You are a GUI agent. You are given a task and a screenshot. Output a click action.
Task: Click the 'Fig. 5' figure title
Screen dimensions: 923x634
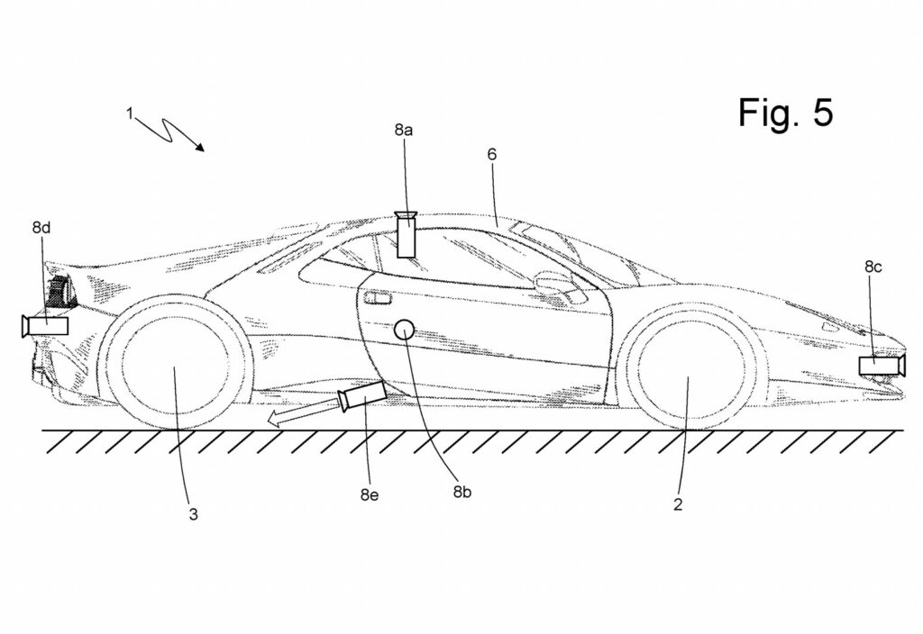coord(786,113)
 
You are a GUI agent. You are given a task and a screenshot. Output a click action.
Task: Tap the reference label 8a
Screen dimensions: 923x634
coord(403,130)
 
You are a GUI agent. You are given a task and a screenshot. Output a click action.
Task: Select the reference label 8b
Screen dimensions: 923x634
coord(462,492)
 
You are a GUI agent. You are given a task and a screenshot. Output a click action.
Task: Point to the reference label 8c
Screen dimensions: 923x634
coord(873,267)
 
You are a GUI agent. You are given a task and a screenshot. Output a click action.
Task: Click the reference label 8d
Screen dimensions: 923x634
coord(41,228)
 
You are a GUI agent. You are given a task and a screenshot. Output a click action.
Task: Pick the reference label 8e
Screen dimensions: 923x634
coord(369,495)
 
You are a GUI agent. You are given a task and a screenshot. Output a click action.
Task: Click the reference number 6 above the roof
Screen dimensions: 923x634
coord(492,154)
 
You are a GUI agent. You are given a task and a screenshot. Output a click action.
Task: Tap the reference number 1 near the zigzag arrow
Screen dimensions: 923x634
coord(130,113)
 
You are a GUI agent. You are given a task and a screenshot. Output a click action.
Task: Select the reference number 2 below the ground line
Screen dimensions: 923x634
coord(678,504)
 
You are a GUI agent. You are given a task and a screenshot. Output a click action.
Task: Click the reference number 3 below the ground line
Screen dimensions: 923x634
coord(193,514)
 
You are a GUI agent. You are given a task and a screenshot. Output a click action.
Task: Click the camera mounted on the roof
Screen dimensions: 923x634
coord(407,234)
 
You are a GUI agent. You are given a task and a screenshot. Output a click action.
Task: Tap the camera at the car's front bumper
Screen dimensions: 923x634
coord(882,366)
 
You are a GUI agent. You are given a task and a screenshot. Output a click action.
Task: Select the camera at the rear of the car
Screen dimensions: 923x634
coord(45,326)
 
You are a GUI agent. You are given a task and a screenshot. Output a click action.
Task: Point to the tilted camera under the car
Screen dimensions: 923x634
coord(363,395)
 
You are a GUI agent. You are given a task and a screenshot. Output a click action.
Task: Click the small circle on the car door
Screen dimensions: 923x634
coord(405,331)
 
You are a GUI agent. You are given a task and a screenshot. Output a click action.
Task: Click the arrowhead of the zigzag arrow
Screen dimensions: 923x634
coord(199,147)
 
